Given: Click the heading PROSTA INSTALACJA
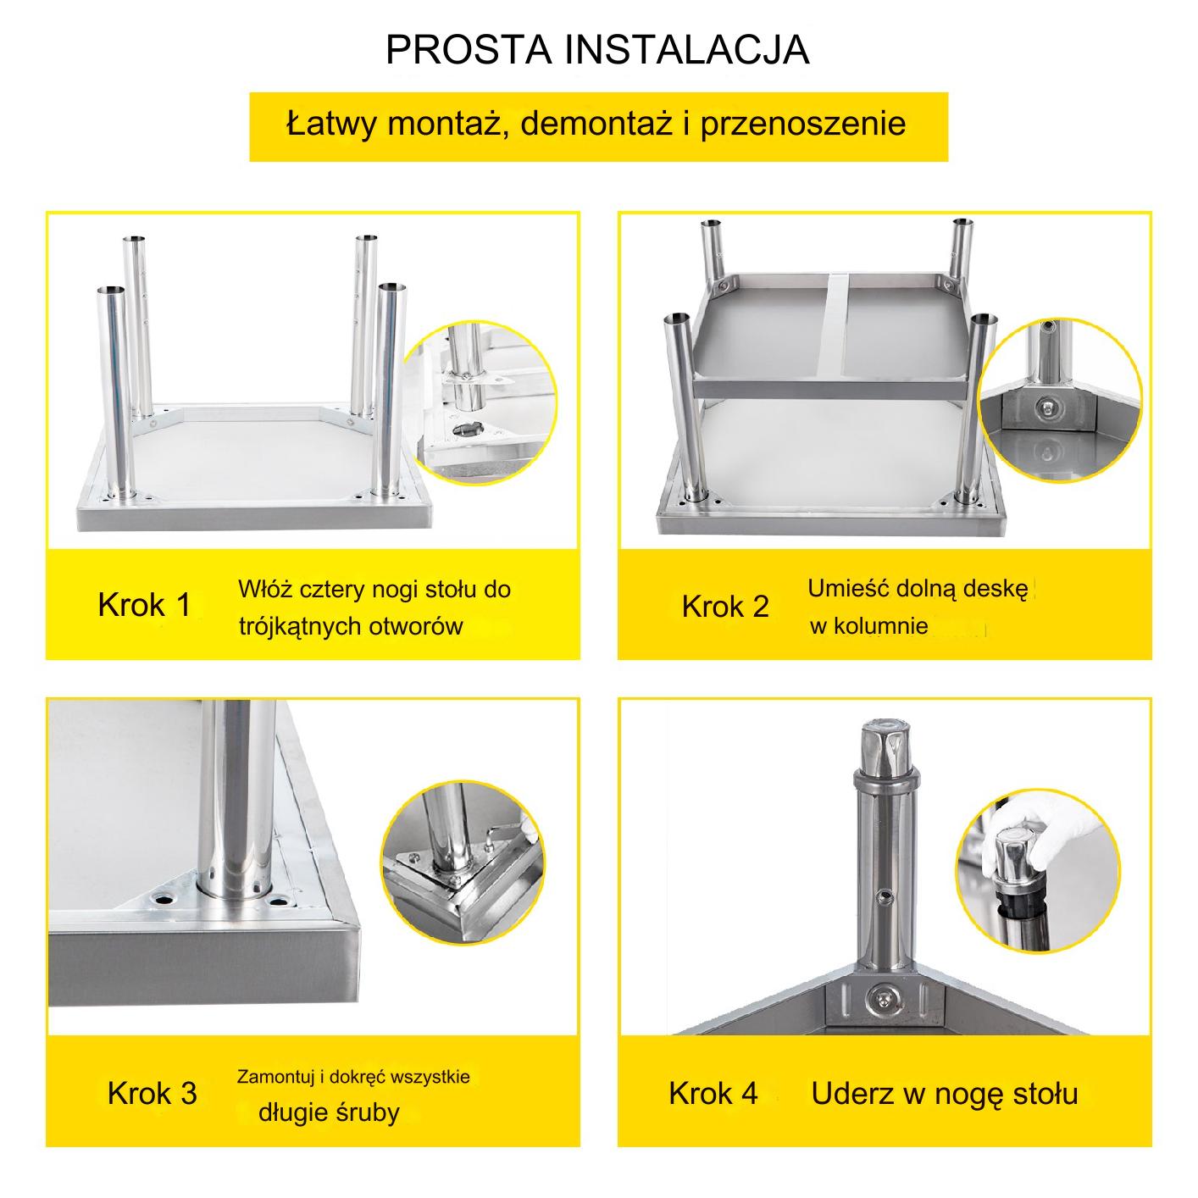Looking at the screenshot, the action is click(x=598, y=50).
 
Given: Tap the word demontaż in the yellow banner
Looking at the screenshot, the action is click(x=596, y=123).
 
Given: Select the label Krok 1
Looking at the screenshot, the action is click(x=144, y=605).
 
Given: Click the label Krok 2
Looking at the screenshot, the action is click(x=725, y=607).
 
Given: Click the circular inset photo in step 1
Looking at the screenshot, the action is click(x=480, y=403).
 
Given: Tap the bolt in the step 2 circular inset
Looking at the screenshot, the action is click(x=1047, y=408).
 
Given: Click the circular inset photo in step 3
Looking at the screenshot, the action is click(x=462, y=862).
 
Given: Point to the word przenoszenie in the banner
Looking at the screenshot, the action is click(x=803, y=123).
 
